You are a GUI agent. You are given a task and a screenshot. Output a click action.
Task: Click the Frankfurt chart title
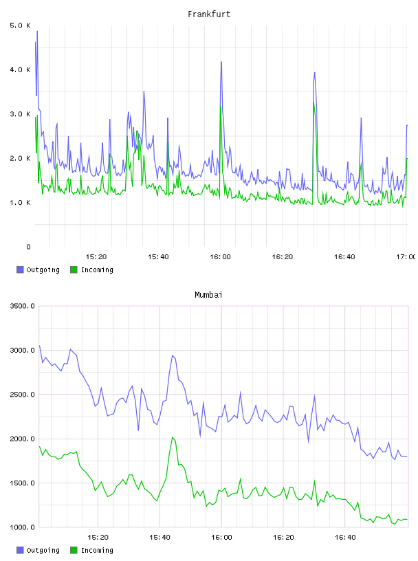click(209, 14)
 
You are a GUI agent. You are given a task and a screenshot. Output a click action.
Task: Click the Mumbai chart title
click(208, 294)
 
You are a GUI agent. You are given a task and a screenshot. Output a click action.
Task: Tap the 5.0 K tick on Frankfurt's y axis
click(20, 25)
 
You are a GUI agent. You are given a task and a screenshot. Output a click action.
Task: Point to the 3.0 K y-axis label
click(20, 113)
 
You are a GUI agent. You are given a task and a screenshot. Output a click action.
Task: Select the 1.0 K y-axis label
click(20, 203)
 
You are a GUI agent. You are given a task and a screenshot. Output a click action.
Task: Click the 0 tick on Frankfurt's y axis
click(28, 247)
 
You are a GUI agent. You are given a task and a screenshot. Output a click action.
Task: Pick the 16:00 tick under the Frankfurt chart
click(220, 256)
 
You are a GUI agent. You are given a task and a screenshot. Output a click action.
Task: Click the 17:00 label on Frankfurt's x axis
click(406, 256)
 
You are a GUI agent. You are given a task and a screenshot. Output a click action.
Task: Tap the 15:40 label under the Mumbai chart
click(159, 537)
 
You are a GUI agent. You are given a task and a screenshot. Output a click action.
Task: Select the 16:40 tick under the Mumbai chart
click(345, 537)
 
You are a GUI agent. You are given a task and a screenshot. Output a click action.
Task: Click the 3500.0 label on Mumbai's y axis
click(22, 306)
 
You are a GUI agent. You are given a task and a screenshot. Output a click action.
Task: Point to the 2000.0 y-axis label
click(22, 439)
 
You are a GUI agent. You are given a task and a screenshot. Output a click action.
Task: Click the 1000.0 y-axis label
click(22, 527)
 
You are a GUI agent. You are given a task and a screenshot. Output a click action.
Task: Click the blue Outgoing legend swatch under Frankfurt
click(20, 269)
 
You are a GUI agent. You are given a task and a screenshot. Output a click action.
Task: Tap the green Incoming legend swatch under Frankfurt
click(74, 269)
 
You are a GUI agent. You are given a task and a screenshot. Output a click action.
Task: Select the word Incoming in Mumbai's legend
click(97, 550)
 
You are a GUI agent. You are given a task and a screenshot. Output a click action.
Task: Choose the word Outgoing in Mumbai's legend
click(43, 550)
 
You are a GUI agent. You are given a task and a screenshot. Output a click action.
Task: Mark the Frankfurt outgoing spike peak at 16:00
click(221, 62)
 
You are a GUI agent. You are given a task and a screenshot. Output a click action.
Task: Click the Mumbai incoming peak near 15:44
click(173, 437)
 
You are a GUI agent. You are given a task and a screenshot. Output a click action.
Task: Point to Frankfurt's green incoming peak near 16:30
click(313, 102)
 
